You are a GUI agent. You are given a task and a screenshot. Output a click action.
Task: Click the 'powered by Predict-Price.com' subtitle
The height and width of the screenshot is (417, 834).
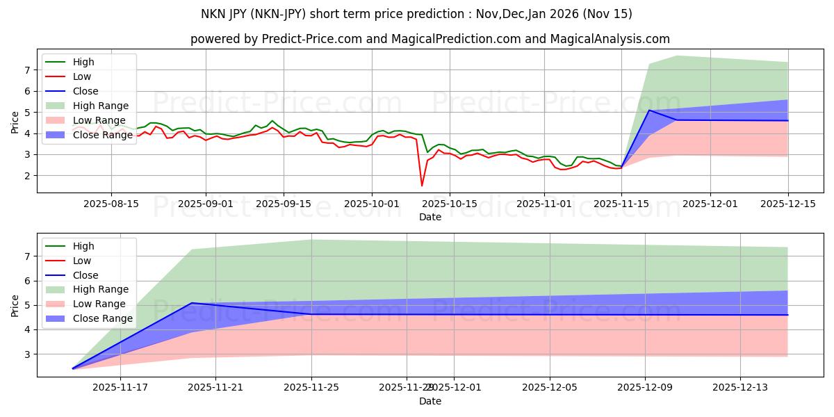point(430,39)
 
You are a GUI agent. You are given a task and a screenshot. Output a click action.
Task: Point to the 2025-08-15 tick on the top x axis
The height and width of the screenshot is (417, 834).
point(111,204)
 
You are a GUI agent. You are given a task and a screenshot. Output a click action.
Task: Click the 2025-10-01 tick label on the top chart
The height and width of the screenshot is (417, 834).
point(371,204)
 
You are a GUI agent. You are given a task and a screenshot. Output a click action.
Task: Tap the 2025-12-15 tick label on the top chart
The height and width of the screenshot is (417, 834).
point(788,204)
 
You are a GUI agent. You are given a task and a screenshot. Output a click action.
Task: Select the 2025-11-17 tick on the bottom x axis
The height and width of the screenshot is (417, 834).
point(120,388)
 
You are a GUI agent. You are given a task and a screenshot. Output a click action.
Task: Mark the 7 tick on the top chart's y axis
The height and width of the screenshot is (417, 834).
point(28,70)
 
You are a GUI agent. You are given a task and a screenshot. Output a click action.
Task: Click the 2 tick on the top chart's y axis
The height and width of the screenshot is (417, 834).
point(28,176)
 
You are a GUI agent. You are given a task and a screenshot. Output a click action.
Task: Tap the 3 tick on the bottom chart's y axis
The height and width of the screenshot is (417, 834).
point(28,354)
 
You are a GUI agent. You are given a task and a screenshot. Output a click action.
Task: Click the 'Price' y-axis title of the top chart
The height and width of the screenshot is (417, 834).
point(15,122)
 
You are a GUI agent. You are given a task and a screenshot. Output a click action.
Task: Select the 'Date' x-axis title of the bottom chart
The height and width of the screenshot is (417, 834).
point(430,401)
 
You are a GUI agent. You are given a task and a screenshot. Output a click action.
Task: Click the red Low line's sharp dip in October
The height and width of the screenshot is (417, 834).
point(422,186)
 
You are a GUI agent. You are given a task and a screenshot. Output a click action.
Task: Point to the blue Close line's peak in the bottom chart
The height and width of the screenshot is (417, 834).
point(192,303)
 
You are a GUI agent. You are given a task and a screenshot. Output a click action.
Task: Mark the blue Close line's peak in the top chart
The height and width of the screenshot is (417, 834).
point(649,111)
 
